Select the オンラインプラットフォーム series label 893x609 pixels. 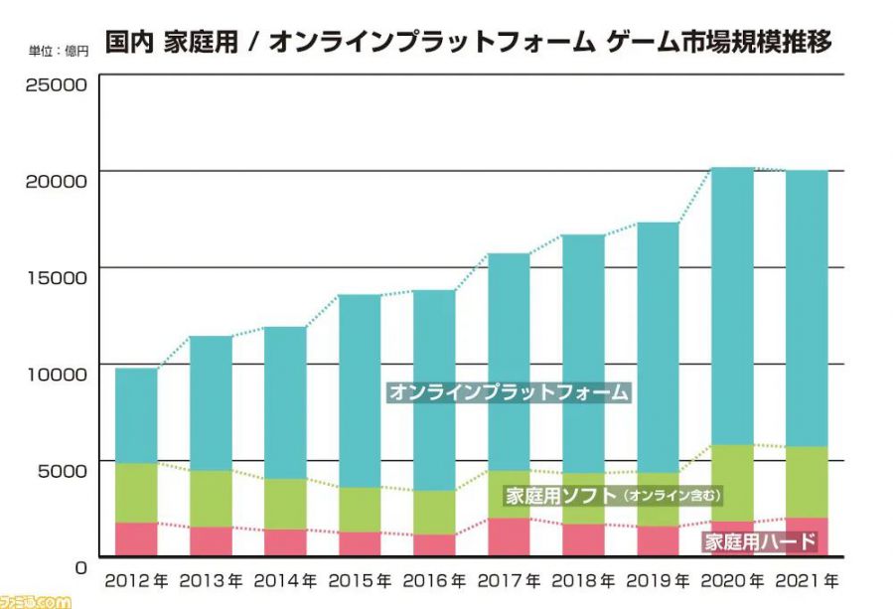tap(509, 391)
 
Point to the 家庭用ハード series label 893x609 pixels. tap(760, 542)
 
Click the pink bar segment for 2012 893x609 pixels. tap(136, 539)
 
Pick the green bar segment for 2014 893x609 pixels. tap(285, 504)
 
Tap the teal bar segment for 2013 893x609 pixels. tap(211, 402)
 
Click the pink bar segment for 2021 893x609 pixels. tap(806, 536)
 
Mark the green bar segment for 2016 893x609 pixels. tap(434, 512)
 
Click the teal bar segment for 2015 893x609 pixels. tap(360, 390)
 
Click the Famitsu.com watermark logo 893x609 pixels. tap(36, 600)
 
